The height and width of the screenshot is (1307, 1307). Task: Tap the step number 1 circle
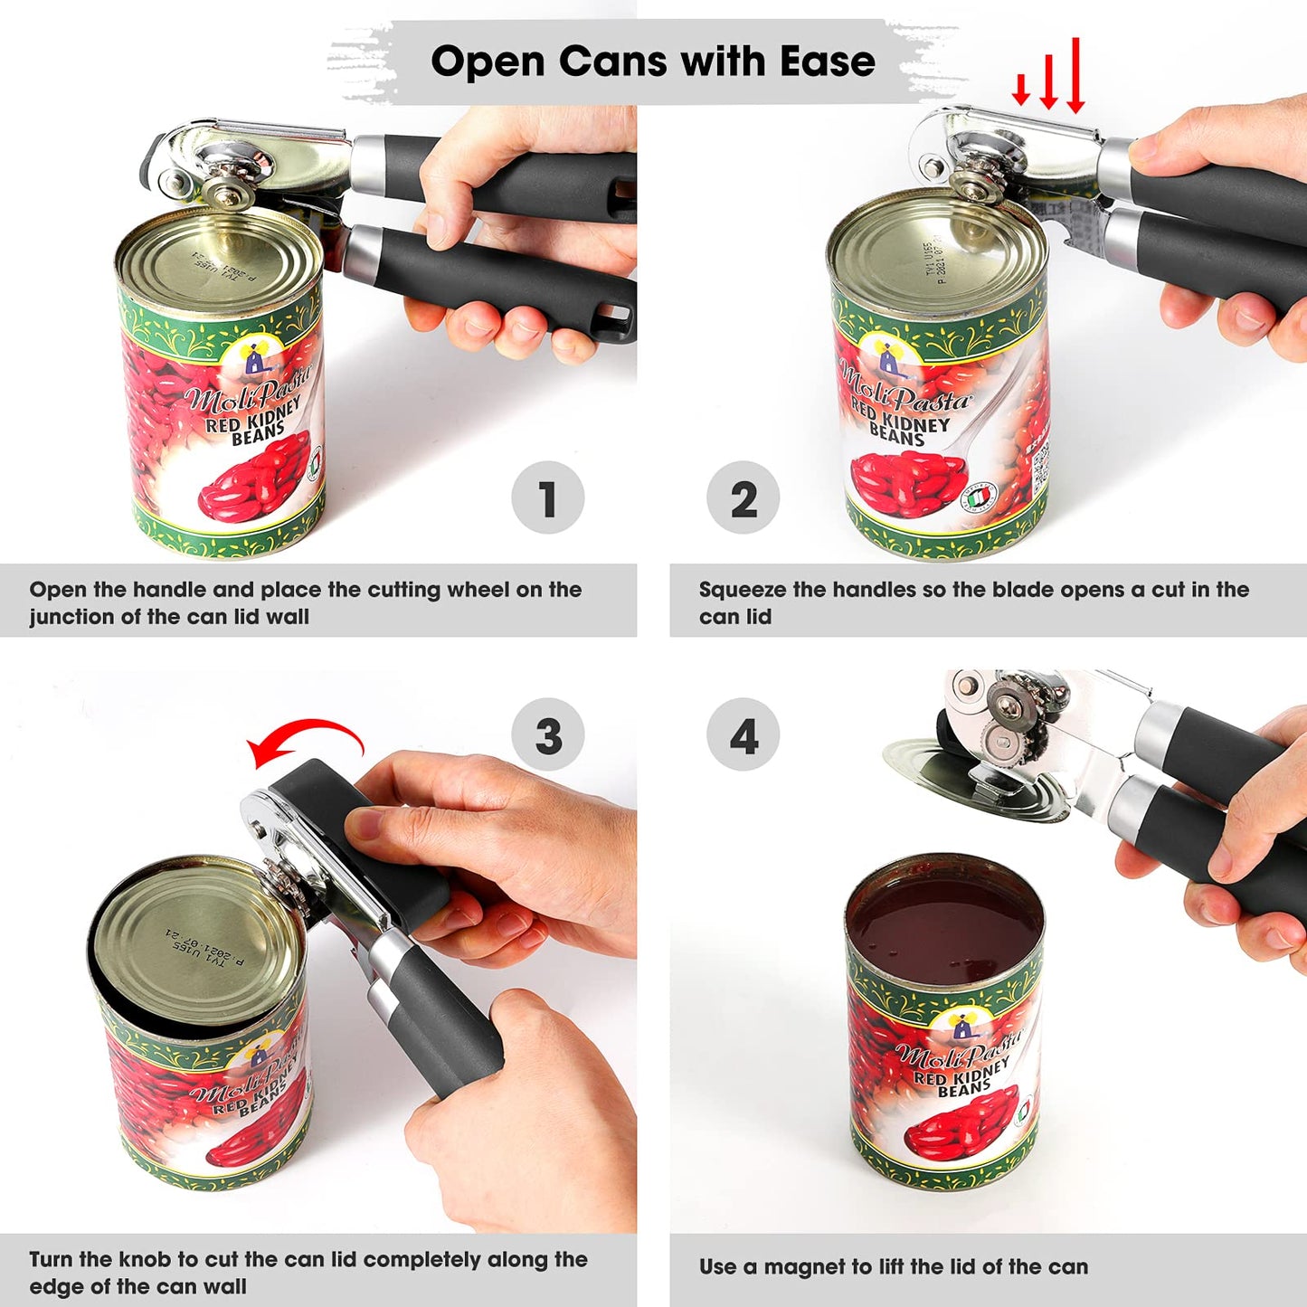pyautogui.click(x=547, y=497)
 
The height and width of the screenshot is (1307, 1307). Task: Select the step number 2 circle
pyautogui.click(x=743, y=497)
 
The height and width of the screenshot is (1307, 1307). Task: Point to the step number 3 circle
pyautogui.click(x=547, y=734)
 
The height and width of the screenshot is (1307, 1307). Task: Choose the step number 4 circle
pyautogui.click(x=743, y=734)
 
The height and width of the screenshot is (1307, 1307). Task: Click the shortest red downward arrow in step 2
pyautogui.click(x=1021, y=89)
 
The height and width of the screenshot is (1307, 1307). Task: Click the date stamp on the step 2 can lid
pyautogui.click(x=933, y=262)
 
